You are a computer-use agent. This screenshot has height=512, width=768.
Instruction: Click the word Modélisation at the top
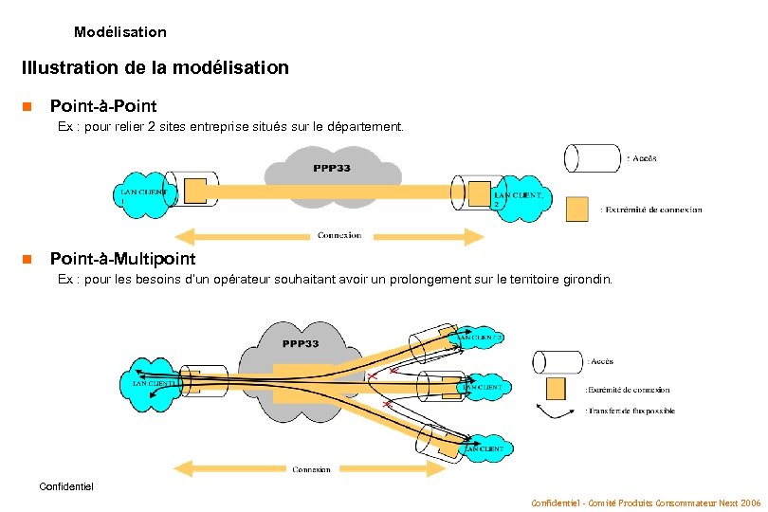tap(119, 32)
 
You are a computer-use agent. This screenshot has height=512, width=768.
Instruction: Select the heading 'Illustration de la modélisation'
tap(155, 68)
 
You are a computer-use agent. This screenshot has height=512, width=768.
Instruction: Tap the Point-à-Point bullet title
tap(102, 105)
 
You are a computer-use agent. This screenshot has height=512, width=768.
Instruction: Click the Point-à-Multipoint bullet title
tap(122, 259)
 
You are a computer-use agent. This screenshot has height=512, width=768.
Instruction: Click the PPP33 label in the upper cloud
tap(332, 169)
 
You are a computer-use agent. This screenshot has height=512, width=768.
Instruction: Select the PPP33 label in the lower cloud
tap(300, 343)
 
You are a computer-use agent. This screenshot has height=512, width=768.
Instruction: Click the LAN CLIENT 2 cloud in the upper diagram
tap(517, 198)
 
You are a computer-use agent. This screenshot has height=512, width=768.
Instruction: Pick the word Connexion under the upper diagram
tap(338, 235)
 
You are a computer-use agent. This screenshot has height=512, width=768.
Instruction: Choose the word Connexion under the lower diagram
tap(312, 469)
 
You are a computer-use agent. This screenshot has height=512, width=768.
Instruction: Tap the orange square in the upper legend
tap(576, 209)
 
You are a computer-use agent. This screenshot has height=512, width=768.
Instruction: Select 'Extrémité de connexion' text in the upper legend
tap(653, 210)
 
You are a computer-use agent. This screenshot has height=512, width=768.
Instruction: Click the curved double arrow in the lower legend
tap(558, 411)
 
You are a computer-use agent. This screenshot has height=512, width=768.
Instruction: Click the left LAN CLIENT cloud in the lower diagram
tap(147, 382)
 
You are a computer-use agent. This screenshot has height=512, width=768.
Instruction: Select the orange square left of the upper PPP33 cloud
tap(195, 192)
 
